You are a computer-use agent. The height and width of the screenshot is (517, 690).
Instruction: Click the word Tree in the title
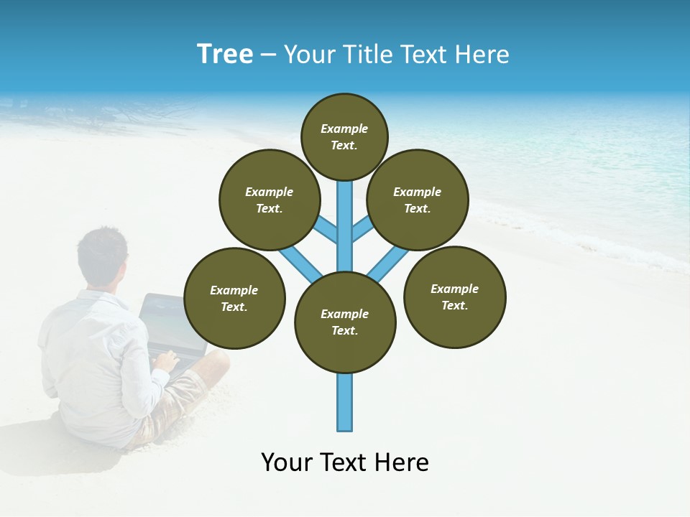225,55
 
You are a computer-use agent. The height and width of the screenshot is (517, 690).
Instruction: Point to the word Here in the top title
482,55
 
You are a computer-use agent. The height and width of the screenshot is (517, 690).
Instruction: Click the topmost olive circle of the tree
344,136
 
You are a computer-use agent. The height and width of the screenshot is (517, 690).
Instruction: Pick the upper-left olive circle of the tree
270,200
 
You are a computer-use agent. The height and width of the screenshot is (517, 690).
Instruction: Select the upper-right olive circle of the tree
418,200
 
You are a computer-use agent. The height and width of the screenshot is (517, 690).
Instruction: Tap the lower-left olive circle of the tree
234,298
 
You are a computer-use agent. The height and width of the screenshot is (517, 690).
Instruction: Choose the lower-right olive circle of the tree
455,297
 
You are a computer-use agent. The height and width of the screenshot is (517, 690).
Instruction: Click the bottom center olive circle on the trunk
345,322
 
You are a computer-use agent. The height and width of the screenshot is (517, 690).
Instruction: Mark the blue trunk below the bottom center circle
345,402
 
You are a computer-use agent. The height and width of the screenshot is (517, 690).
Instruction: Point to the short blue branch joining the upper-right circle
362,230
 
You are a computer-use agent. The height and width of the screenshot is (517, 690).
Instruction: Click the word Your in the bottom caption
287,462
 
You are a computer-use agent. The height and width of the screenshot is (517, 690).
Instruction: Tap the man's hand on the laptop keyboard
167,359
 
